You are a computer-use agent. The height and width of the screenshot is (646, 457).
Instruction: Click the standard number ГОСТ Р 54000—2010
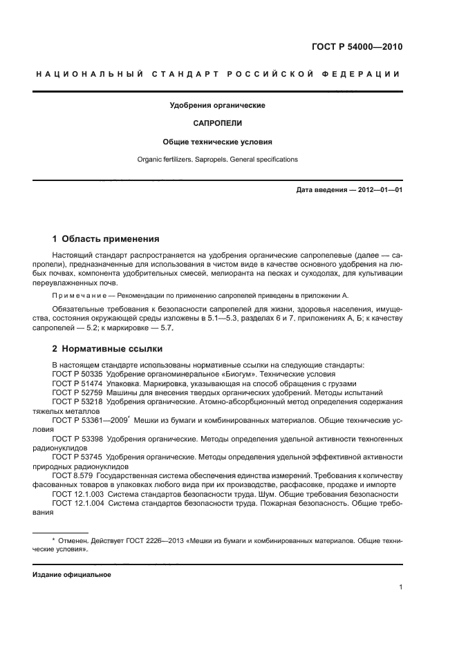click(357, 48)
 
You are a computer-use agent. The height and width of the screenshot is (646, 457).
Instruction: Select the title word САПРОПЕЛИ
click(217, 124)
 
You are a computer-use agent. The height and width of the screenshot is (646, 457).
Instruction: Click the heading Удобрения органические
click(217, 106)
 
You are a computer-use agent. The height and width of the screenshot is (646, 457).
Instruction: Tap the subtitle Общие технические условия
click(217, 142)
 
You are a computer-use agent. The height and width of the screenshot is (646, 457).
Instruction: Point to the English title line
click(217, 159)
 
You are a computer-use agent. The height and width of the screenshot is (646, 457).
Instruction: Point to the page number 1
click(400, 587)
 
